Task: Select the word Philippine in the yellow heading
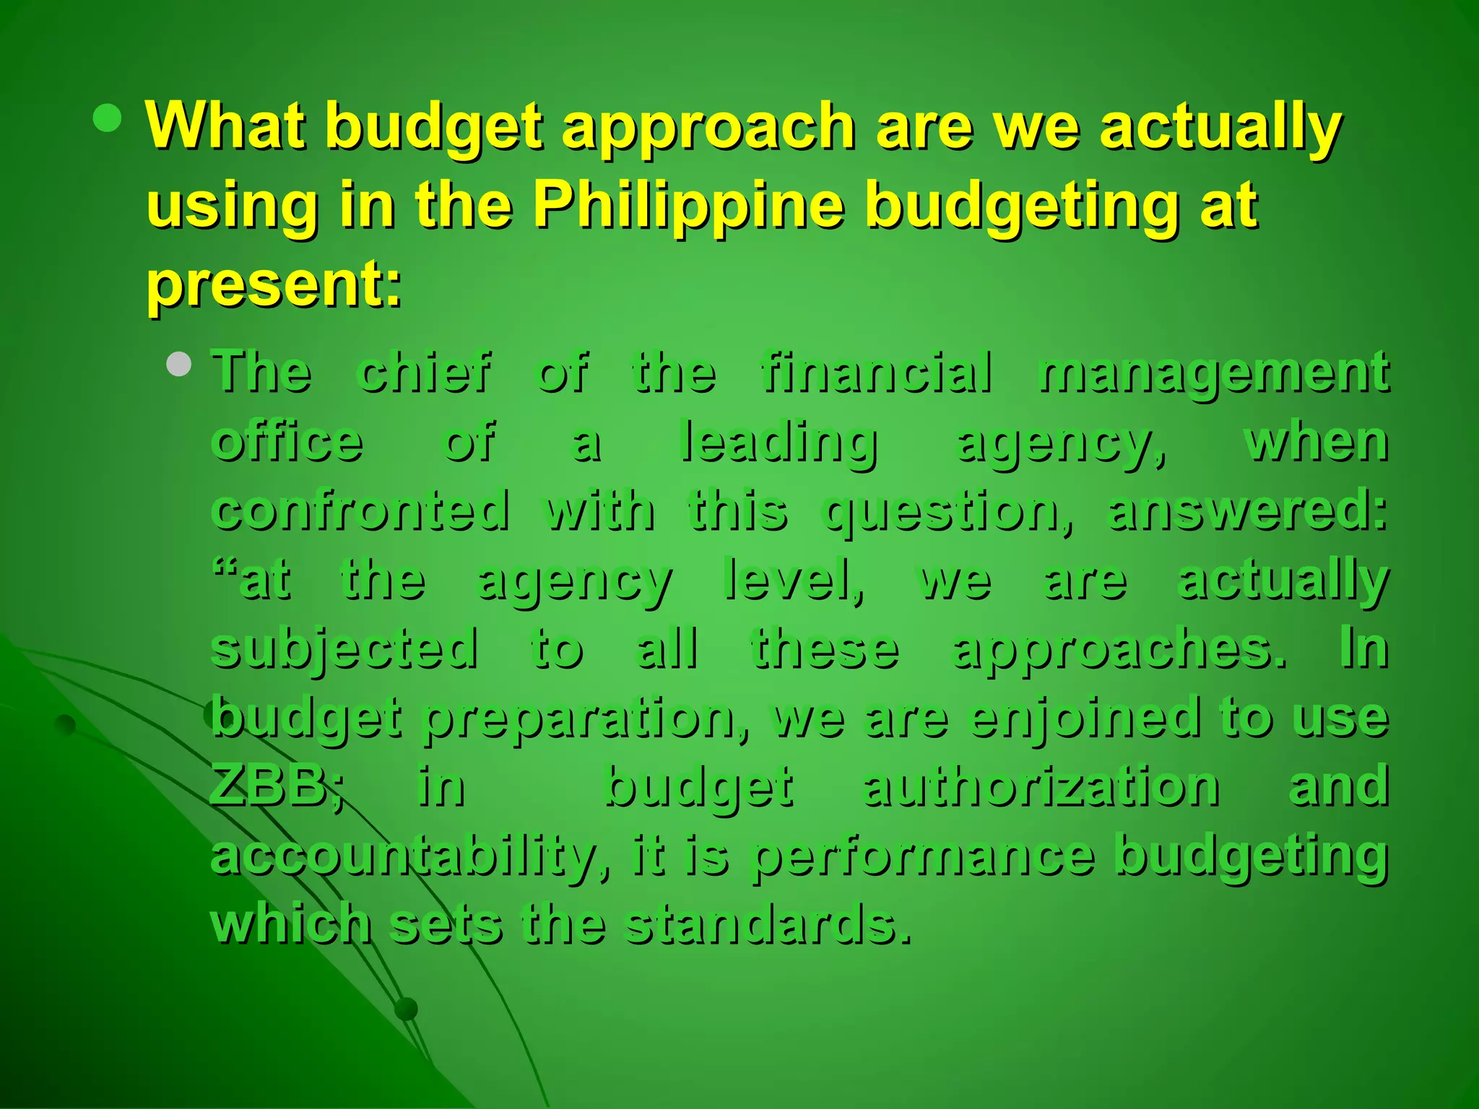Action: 689,206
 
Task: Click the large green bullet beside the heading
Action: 108,118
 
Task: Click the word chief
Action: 425,373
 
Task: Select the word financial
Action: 877,373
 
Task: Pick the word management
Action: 1213,373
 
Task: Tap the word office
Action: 287,442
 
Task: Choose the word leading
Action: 779,442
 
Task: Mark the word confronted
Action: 360,510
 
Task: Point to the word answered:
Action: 1247,510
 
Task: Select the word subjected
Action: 344,648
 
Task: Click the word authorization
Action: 1041,786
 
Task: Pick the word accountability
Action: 406,855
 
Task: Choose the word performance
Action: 923,855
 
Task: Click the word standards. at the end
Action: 767,923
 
